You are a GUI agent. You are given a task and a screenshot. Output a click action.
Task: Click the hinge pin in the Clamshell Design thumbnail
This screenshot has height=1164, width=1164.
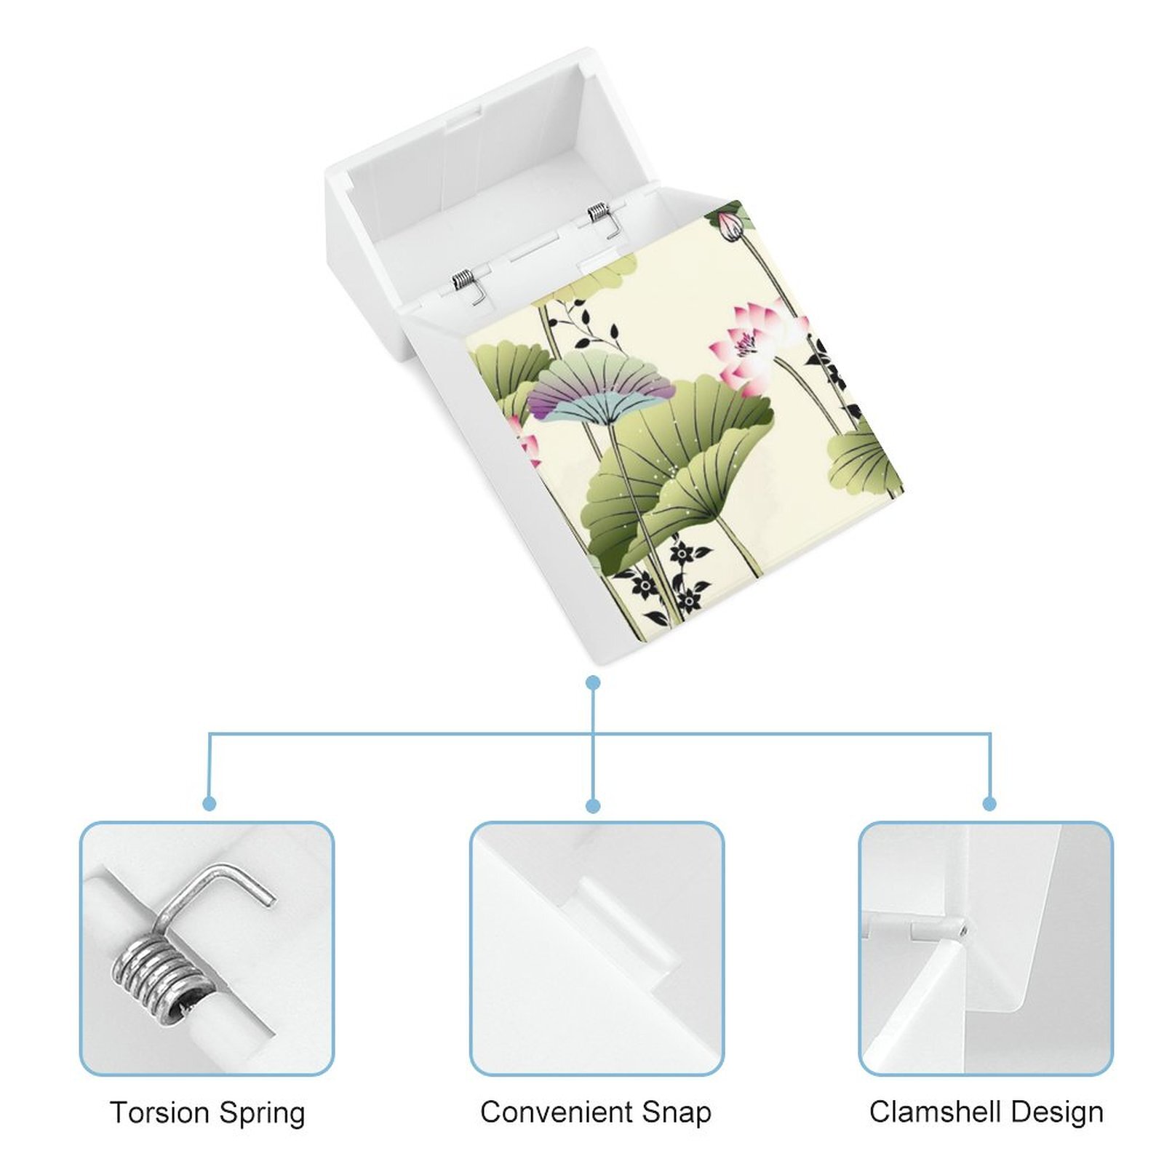pos(939,930)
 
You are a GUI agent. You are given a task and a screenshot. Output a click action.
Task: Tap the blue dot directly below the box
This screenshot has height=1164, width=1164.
pos(593,682)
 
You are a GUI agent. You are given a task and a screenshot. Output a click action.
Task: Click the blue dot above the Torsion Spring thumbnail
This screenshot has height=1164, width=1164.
pos(210,803)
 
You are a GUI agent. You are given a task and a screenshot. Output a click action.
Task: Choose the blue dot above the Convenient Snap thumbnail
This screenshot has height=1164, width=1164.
pos(593,805)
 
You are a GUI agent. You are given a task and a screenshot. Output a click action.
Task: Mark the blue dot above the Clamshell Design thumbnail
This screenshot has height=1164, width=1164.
pos(989,804)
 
